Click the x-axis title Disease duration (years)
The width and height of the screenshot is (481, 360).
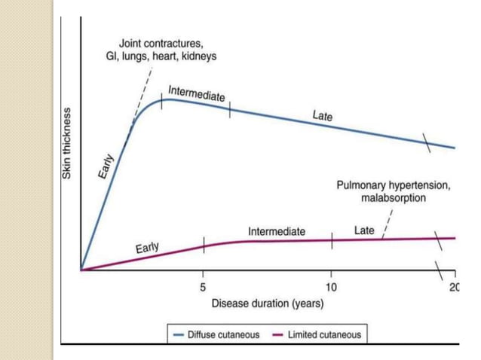pyautogui.click(x=268, y=304)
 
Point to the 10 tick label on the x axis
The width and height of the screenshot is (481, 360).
pyautogui.click(x=332, y=288)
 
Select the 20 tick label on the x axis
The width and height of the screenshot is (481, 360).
pyautogui.click(x=453, y=288)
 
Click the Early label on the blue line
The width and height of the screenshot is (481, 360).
pyautogui.click(x=106, y=165)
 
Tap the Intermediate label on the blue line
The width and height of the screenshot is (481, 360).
pyautogui.click(x=196, y=94)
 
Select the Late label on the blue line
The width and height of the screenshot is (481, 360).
pyautogui.click(x=323, y=117)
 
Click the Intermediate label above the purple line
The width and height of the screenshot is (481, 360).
pyautogui.click(x=277, y=231)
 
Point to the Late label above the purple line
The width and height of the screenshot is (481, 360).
pyautogui.click(x=364, y=230)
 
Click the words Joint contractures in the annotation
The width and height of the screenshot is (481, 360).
pyautogui.click(x=162, y=43)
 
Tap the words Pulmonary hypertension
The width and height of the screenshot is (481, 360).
pyautogui.click(x=394, y=185)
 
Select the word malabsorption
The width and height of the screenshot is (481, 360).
pyautogui.click(x=394, y=198)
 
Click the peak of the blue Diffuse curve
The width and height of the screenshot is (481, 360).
pyautogui.click(x=167, y=99)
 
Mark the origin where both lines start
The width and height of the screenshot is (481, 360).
pyautogui.click(x=81, y=270)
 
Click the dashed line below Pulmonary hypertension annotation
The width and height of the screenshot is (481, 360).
pyautogui.click(x=387, y=222)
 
